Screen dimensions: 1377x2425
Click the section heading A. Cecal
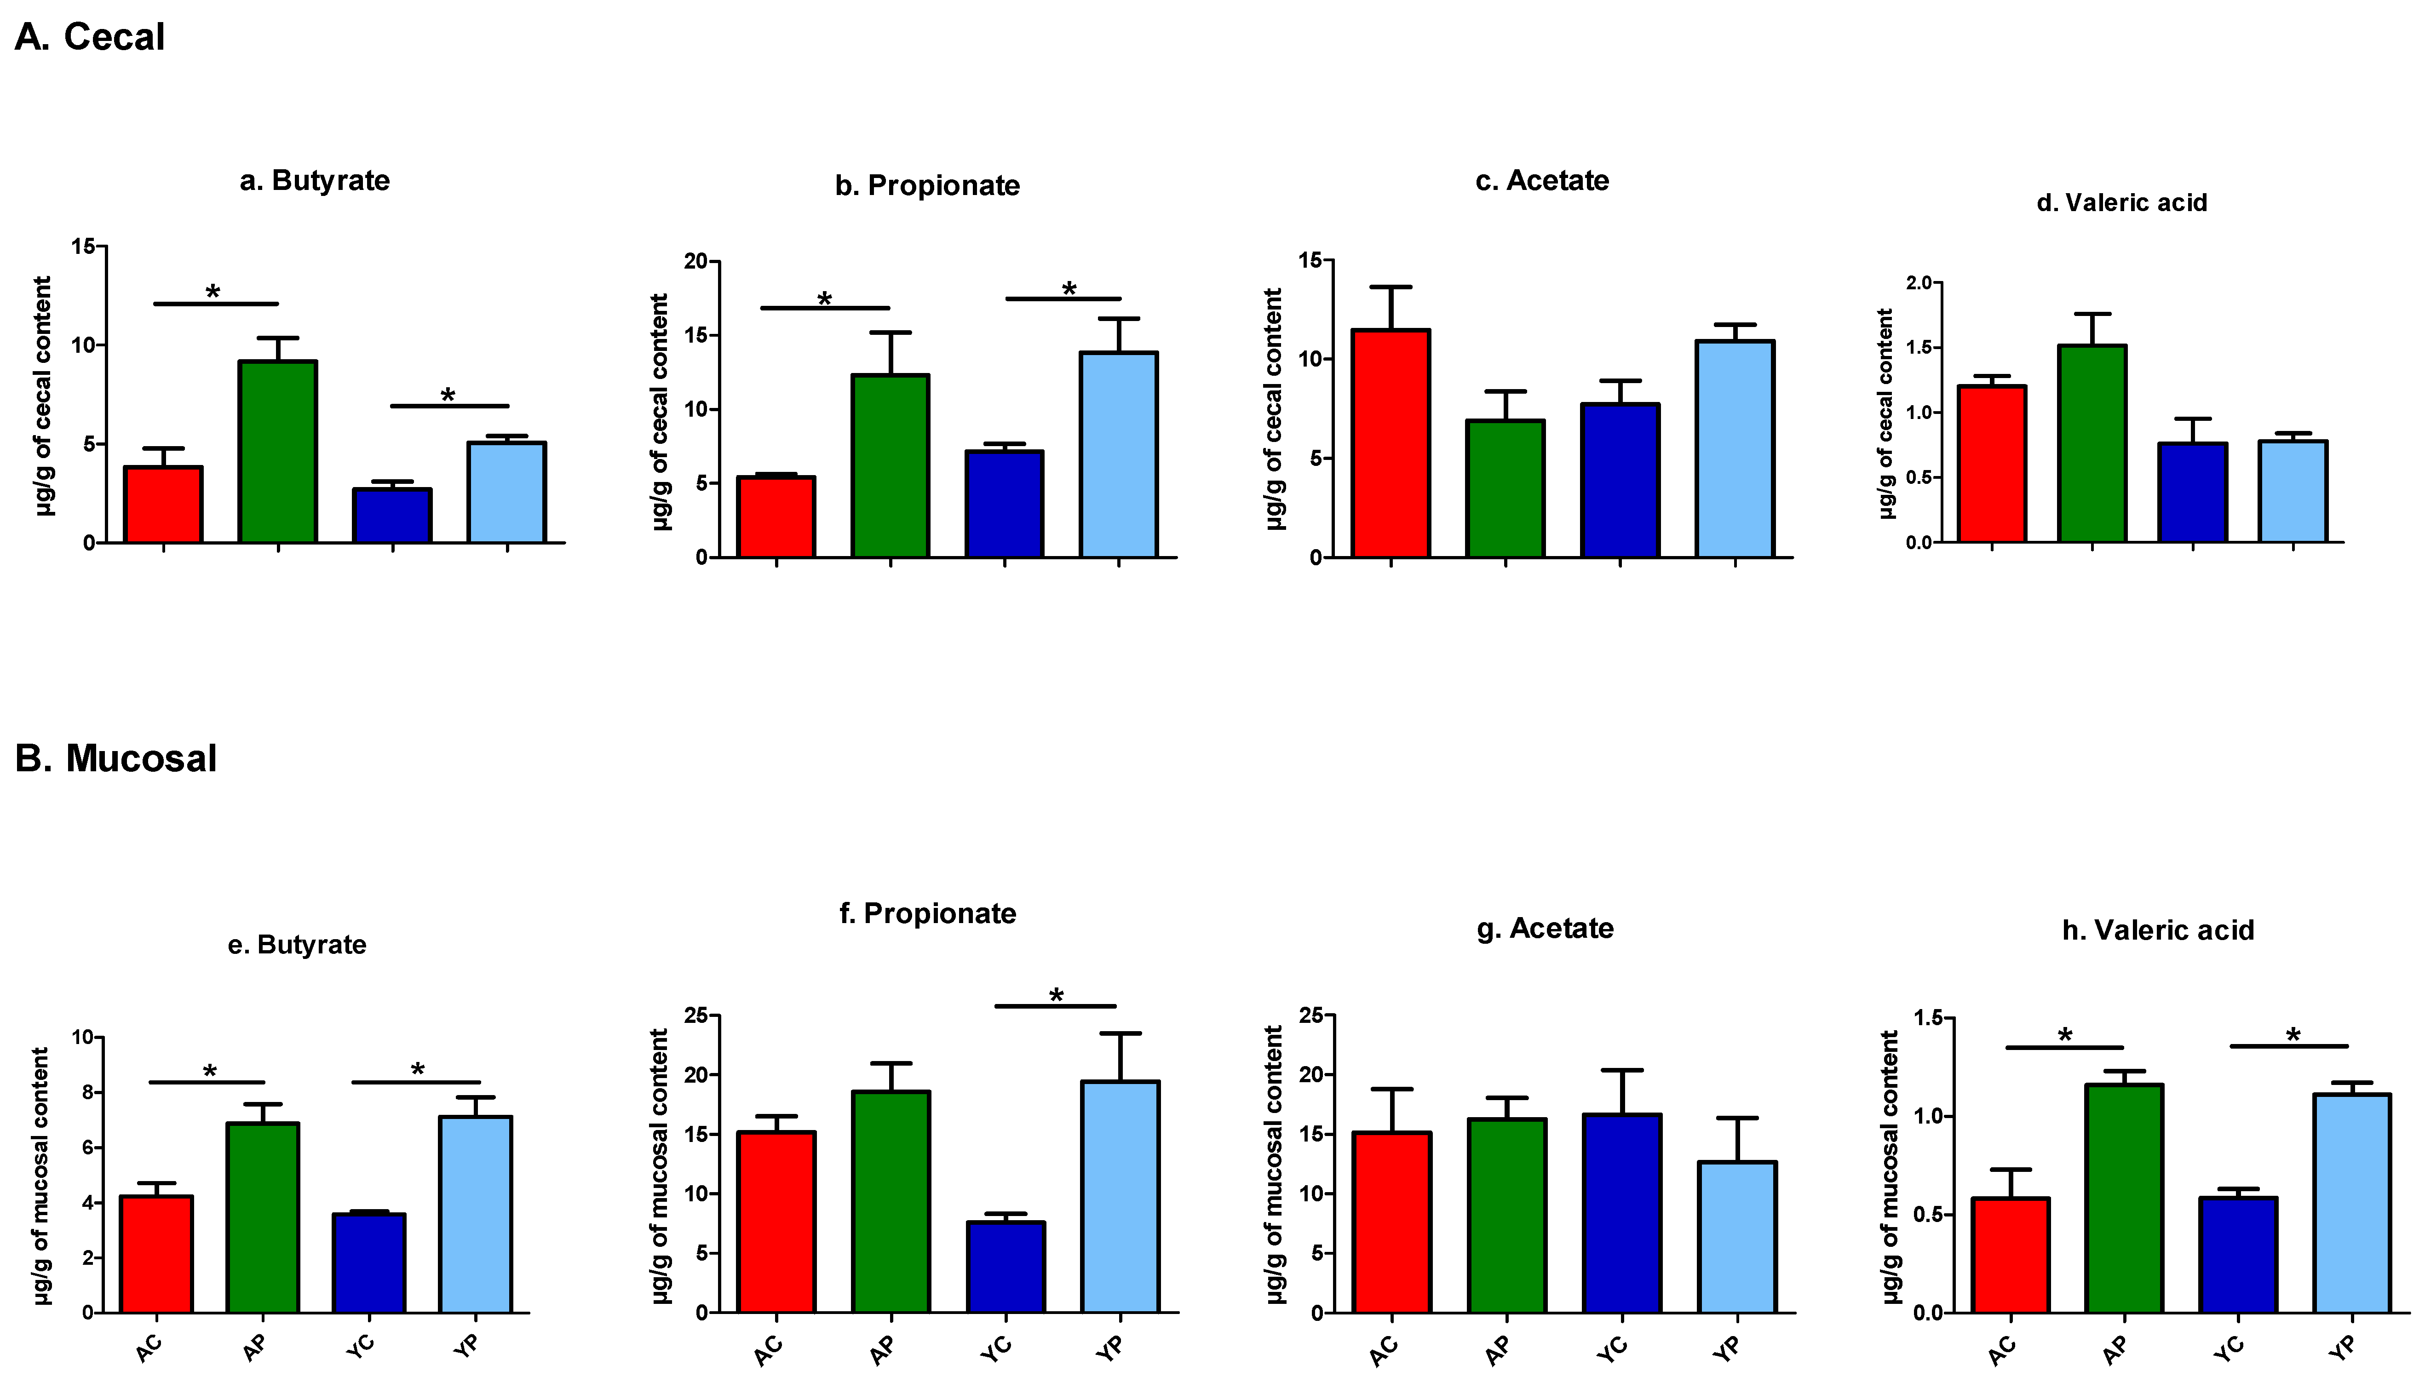(x=90, y=37)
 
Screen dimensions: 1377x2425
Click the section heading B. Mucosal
(x=115, y=758)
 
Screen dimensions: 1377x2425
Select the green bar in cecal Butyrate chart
(x=277, y=452)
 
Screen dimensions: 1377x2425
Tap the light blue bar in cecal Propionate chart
(x=1119, y=455)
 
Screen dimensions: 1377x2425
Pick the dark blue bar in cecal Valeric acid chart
(x=2192, y=493)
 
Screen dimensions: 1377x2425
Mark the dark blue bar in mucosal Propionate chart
(x=1006, y=1267)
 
